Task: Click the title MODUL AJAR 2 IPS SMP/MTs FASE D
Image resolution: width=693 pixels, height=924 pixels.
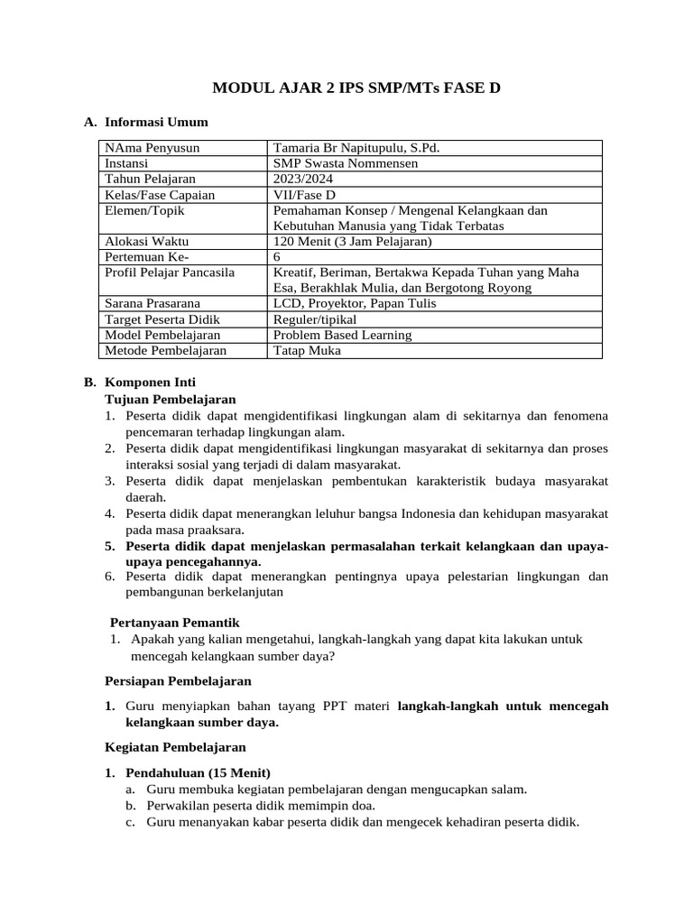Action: coord(356,88)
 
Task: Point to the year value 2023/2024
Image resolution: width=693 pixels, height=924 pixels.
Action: coord(302,179)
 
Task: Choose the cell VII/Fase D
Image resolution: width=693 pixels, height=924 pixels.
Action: coord(304,194)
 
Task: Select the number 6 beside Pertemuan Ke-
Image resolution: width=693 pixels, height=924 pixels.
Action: coord(277,256)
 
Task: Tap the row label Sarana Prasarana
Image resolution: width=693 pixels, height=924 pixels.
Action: coord(152,303)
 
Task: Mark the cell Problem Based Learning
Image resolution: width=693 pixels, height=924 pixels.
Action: coord(342,335)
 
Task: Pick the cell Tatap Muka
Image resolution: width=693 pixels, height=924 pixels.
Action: coord(307,350)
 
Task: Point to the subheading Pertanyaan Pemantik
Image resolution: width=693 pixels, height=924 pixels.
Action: coord(174,623)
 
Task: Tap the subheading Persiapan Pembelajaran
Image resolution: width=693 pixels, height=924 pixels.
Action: coord(178,680)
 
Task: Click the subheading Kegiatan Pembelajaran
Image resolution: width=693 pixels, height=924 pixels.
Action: coord(175,747)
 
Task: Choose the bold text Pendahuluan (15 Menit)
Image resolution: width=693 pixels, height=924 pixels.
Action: coord(198,773)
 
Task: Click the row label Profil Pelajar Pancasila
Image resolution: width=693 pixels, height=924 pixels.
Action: coord(170,272)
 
